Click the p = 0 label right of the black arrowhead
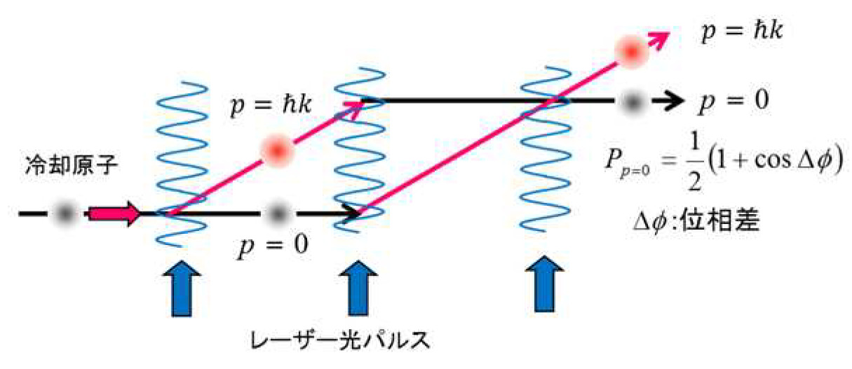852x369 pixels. [x=734, y=101]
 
